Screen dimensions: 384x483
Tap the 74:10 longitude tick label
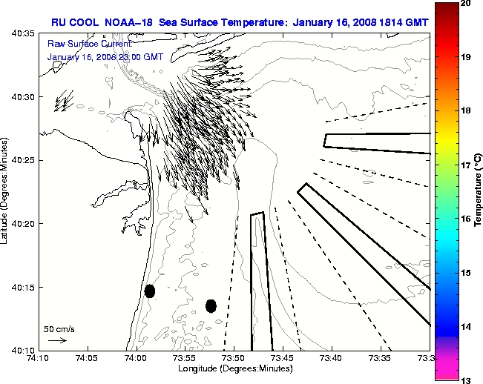point(39,358)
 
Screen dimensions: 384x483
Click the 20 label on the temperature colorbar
point(466,4)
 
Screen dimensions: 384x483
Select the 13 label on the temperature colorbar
point(466,380)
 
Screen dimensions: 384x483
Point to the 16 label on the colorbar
point(466,219)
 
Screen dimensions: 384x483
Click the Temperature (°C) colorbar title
point(479,191)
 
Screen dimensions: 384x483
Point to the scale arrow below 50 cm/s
point(57,340)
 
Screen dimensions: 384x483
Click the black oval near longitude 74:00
point(150,291)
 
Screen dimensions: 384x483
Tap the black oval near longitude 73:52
point(211,305)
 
